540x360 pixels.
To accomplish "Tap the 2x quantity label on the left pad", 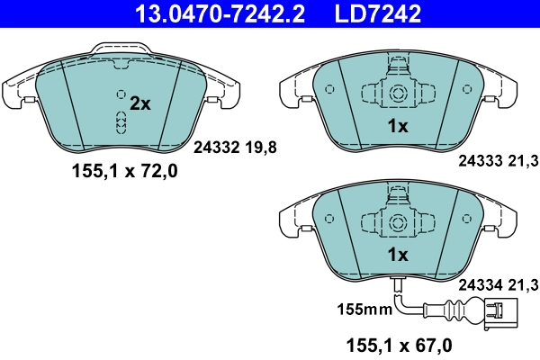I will pos(139,103).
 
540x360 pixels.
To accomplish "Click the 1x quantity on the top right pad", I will pos(397,127).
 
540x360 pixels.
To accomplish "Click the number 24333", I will pos(480,162).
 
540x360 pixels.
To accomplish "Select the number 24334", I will pos(480,285).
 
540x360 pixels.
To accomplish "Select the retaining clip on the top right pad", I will pos(397,90).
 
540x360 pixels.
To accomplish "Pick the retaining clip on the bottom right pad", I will pos(397,219).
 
